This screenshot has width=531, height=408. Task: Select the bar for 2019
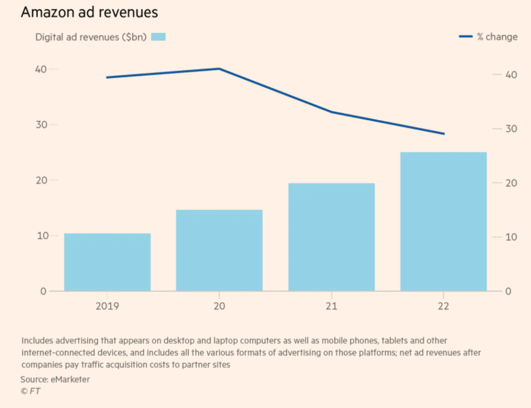coord(107,262)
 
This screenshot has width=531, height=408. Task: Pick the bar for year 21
coord(331,237)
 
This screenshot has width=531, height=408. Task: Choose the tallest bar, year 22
coord(443,221)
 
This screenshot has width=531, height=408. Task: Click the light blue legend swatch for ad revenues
coord(159,37)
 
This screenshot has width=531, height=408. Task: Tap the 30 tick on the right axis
coord(510,129)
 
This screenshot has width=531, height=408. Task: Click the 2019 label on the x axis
coord(107,306)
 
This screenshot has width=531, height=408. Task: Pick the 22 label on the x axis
coord(443,306)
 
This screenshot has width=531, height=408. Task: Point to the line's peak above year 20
coord(219,68)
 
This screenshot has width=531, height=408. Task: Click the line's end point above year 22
coord(444,134)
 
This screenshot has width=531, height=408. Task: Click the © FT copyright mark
coord(30,391)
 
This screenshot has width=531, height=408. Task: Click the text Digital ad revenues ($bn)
coord(91,37)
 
